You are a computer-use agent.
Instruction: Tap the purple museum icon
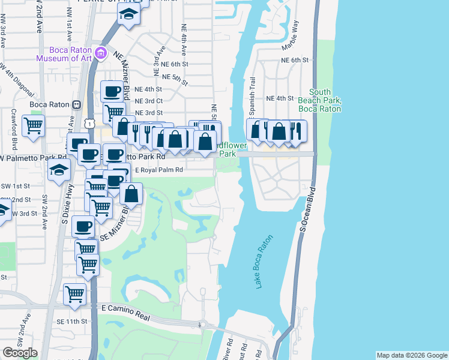click(x=101, y=53)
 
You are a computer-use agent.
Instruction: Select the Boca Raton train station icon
click(x=77, y=104)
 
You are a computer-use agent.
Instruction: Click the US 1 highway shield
click(x=89, y=123)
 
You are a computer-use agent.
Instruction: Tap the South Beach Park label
click(x=319, y=100)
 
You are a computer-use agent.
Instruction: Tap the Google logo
click(x=20, y=353)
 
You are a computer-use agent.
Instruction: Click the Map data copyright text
click(x=411, y=355)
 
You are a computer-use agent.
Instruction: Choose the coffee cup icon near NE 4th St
click(x=112, y=92)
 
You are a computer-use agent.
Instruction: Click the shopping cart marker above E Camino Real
click(x=75, y=294)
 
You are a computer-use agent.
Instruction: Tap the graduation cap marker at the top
click(x=128, y=14)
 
